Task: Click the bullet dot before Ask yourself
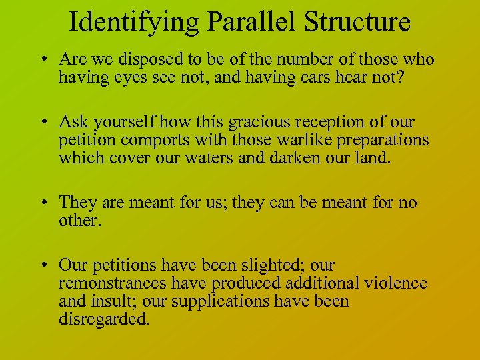43,123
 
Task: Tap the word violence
395,283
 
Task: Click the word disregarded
101,319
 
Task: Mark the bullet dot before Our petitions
43,265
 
